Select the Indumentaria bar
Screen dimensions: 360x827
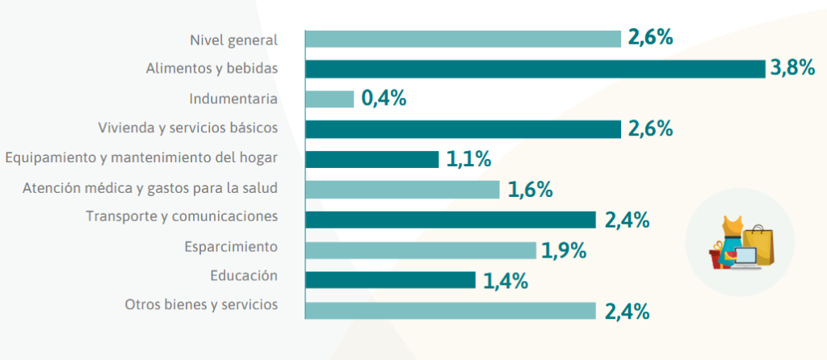click(x=330, y=98)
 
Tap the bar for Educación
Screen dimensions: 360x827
click(x=390, y=280)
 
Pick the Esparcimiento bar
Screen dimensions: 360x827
click(x=421, y=250)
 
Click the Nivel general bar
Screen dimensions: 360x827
click(x=463, y=39)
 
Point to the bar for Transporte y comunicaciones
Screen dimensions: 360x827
click(x=451, y=220)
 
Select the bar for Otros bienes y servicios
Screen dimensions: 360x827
click(x=451, y=311)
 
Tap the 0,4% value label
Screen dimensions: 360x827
click(x=384, y=98)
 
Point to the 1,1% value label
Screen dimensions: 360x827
click(x=468, y=159)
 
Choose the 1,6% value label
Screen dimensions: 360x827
click(x=530, y=190)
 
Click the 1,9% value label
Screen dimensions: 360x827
click(x=564, y=250)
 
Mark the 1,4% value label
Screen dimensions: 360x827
click(x=505, y=280)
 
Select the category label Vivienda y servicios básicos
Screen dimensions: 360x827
click(x=187, y=128)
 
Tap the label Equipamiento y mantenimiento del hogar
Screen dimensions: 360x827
click(x=141, y=158)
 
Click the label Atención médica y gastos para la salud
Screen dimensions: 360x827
click(x=149, y=188)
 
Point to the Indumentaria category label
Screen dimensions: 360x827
click(x=233, y=98)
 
